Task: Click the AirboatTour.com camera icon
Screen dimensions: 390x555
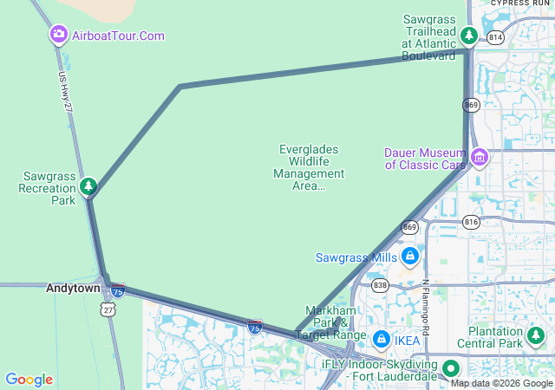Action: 59,35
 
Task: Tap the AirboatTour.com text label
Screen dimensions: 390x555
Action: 118,36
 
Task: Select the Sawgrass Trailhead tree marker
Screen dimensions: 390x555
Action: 469,36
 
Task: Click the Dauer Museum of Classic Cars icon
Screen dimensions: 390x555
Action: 480,158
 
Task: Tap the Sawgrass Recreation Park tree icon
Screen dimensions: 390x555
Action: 88,185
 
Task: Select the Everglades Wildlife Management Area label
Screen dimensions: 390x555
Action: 309,167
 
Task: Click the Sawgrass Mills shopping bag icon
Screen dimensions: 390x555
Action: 410,257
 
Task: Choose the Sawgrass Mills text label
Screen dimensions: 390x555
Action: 356,257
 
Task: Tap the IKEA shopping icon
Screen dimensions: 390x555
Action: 381,340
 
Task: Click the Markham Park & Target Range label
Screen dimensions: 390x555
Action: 331,322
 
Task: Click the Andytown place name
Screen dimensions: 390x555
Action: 73,288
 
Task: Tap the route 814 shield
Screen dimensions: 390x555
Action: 495,37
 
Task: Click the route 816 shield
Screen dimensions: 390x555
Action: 471,221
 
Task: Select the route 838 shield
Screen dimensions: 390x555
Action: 379,284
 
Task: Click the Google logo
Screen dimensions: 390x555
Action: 29,380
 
